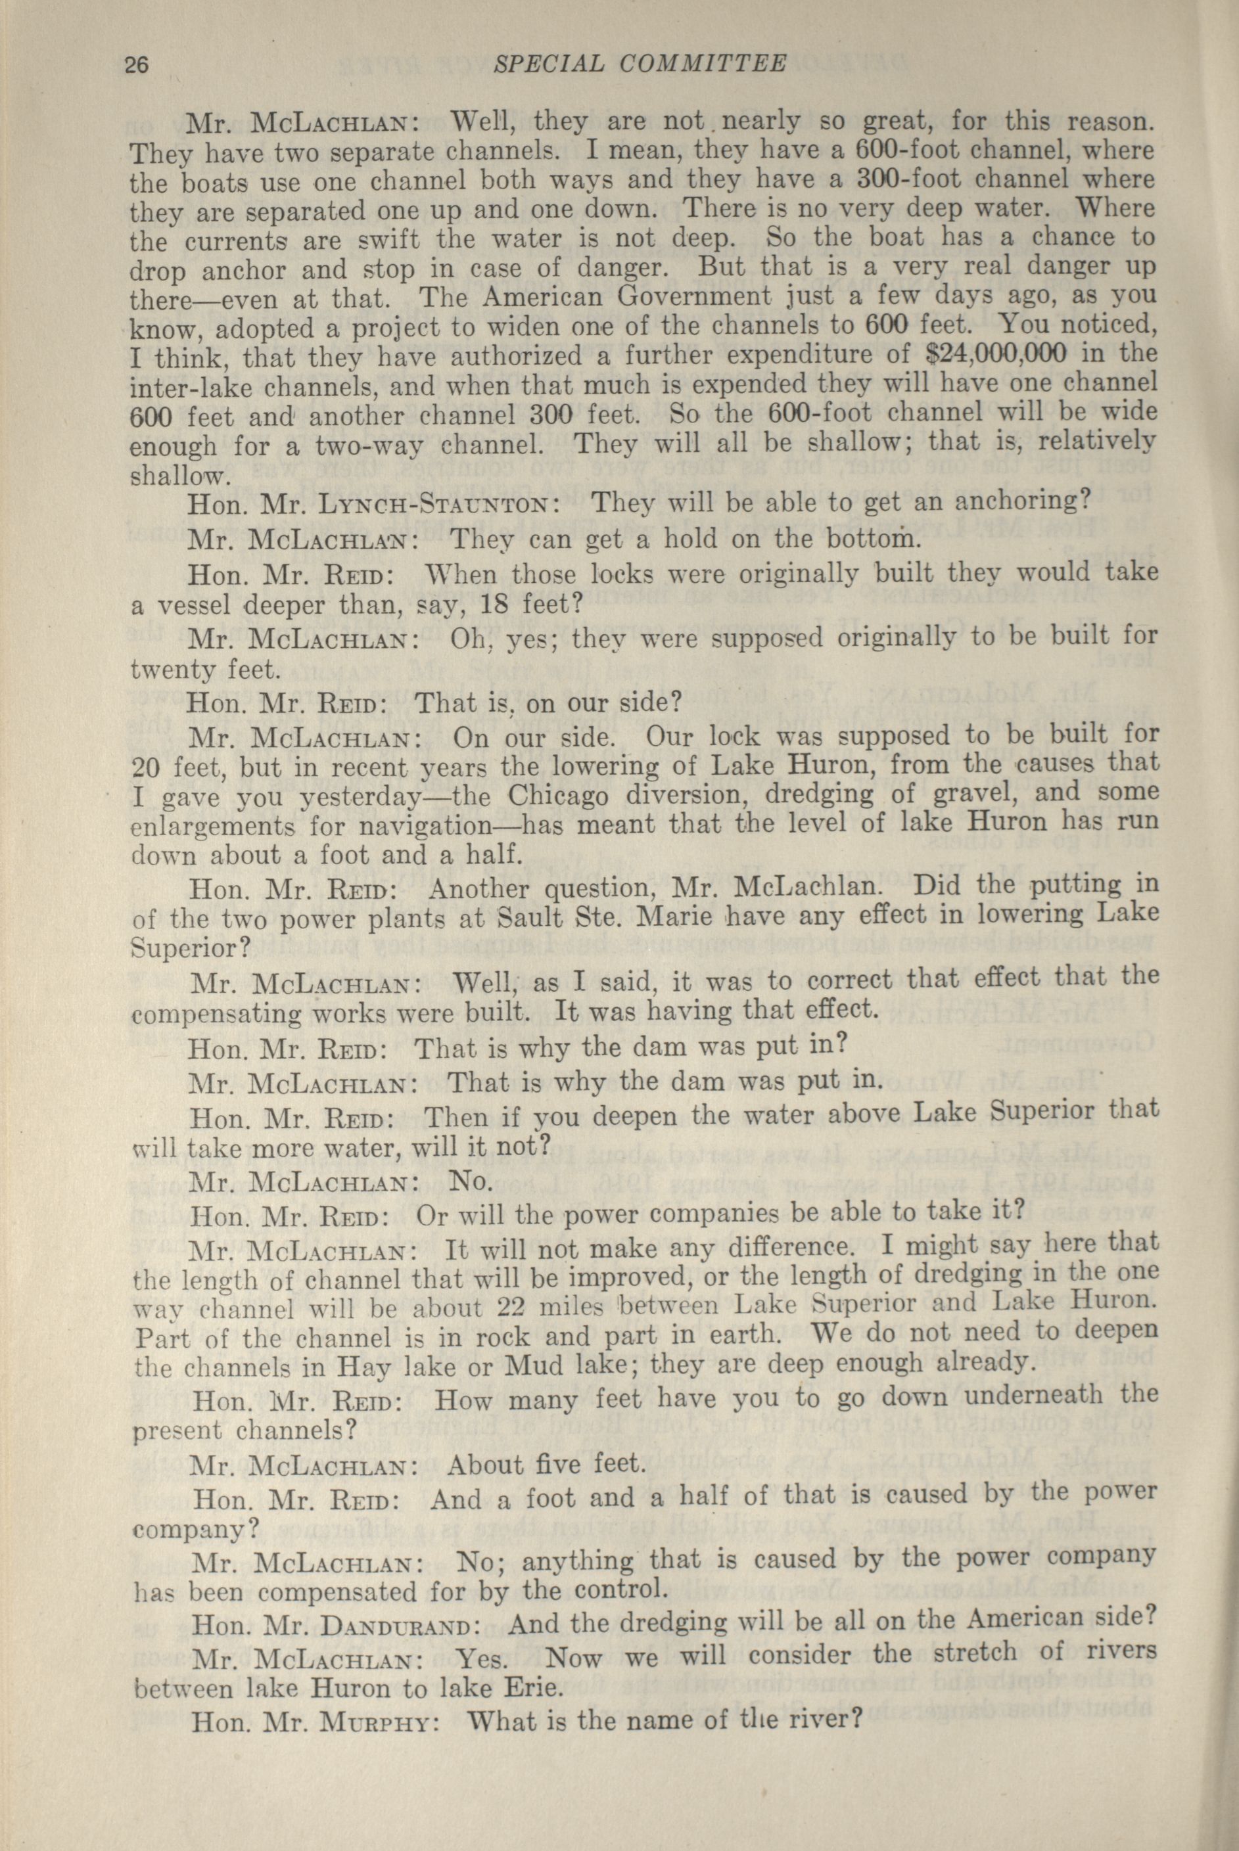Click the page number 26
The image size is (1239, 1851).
coord(142,66)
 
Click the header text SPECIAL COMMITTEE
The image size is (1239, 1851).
coord(640,63)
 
